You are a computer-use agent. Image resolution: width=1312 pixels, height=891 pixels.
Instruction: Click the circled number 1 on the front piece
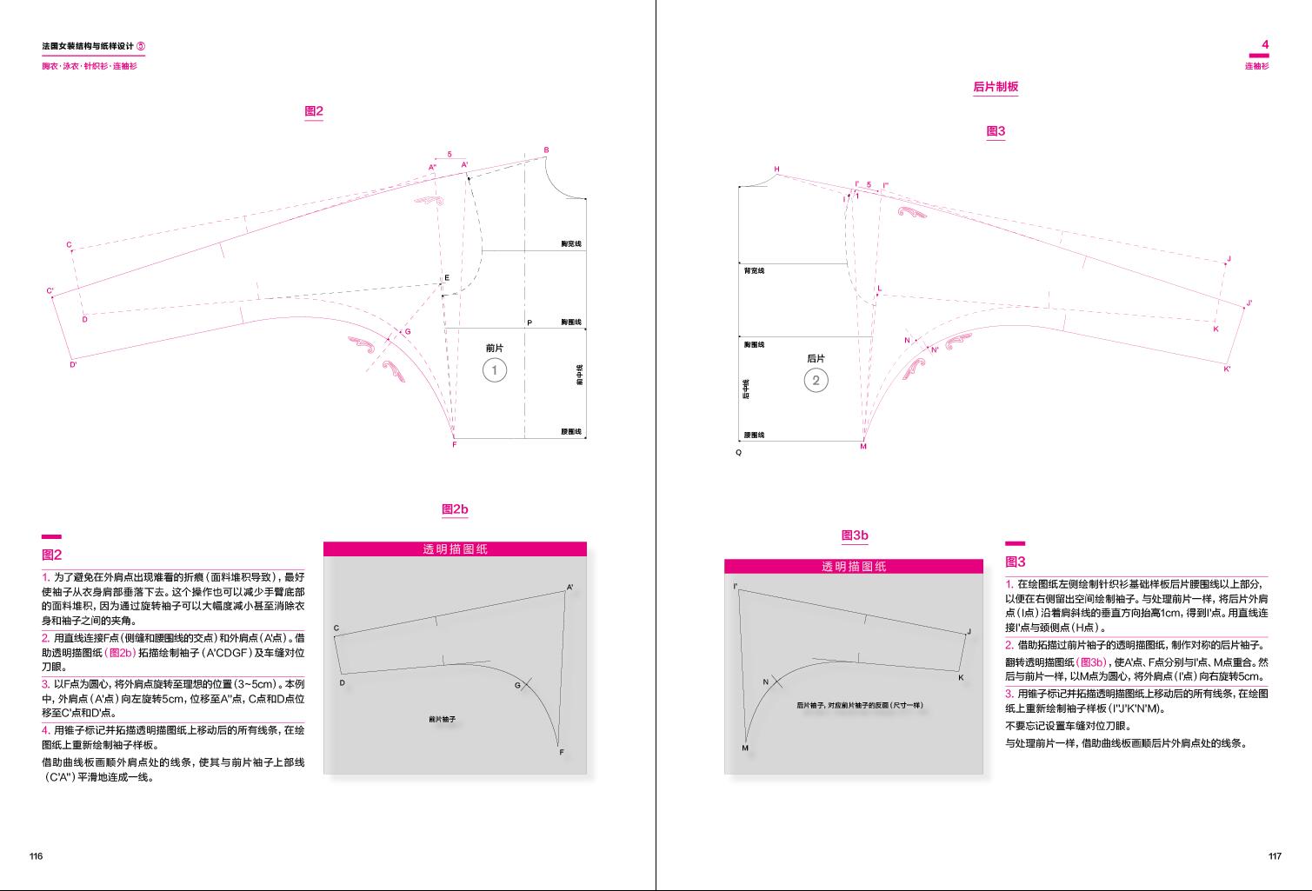[x=495, y=370]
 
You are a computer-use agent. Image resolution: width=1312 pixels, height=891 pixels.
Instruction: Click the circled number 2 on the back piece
[x=816, y=380]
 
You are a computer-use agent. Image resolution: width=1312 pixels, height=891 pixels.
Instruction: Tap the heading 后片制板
[x=996, y=87]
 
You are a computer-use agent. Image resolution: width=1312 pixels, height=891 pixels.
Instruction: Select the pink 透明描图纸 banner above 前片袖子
[x=455, y=549]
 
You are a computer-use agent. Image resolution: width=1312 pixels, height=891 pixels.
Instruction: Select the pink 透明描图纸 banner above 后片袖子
[x=854, y=566]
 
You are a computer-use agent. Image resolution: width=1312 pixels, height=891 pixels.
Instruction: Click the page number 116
[x=36, y=856]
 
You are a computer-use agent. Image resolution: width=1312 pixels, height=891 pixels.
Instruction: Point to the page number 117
[x=1275, y=856]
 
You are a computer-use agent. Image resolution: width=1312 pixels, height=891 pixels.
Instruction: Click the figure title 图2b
[x=455, y=509]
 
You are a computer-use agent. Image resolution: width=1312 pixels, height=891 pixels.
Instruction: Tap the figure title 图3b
[x=855, y=535]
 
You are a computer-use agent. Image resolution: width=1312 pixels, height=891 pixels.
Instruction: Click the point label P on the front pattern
[x=529, y=323]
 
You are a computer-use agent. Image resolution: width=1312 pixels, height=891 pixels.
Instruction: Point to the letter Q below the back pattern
[x=739, y=453]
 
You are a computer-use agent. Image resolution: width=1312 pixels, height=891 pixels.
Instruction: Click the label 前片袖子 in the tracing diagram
[x=443, y=720]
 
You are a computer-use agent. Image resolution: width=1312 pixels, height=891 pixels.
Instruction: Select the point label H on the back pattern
[x=777, y=170]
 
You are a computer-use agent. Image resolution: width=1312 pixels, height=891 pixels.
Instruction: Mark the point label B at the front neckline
[x=546, y=150]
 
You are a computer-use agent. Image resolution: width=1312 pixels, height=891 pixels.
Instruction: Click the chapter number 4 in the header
[x=1265, y=44]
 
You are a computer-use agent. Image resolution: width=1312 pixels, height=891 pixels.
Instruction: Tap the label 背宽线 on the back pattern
[x=754, y=271]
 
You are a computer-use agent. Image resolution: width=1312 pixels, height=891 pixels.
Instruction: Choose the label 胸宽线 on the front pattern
[x=571, y=244]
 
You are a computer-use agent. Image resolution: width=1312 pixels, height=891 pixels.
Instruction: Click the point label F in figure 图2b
[x=562, y=753]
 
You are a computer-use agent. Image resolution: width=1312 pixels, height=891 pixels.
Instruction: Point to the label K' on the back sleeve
[x=1227, y=369]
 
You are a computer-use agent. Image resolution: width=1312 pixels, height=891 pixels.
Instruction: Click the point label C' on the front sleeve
[x=50, y=291]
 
